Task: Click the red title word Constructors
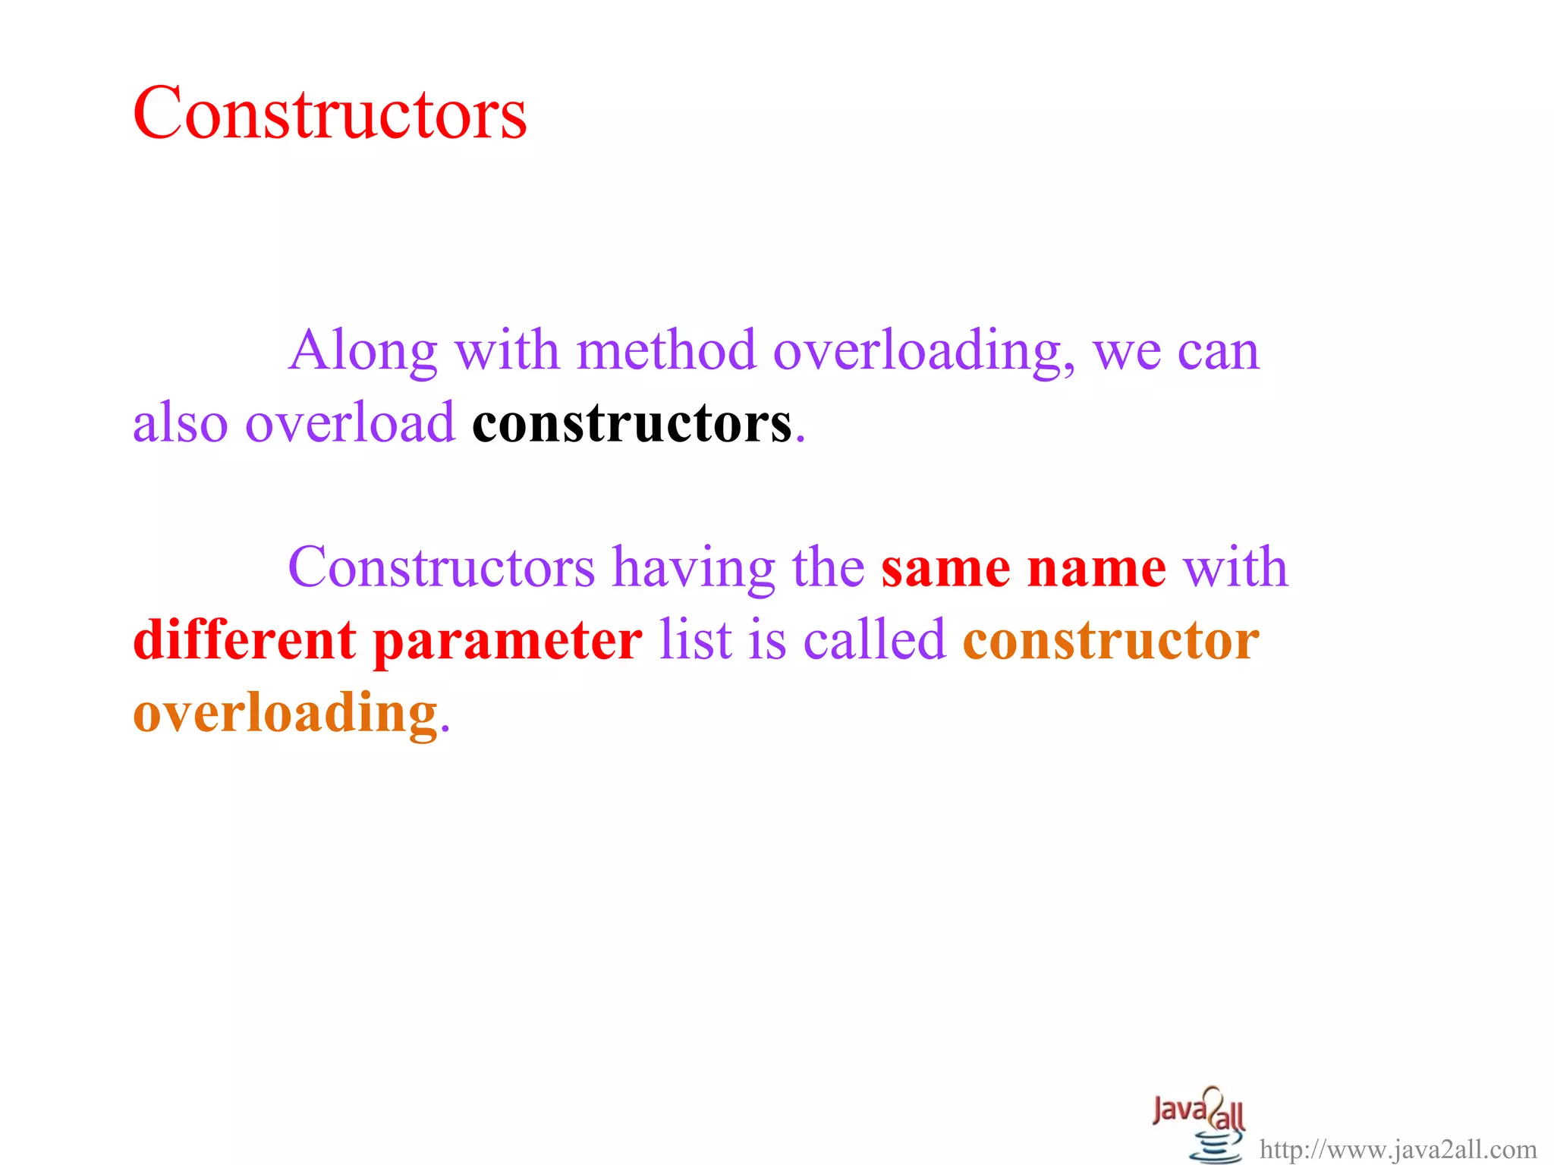(329, 113)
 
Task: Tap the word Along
(363, 350)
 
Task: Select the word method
(666, 350)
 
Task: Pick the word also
(180, 422)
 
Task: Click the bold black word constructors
(631, 423)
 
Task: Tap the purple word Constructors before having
(441, 567)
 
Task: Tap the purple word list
(695, 639)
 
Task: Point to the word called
(874, 639)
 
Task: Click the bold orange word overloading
(285, 714)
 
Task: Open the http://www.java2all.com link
(1398, 1150)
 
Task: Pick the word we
(1127, 352)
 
